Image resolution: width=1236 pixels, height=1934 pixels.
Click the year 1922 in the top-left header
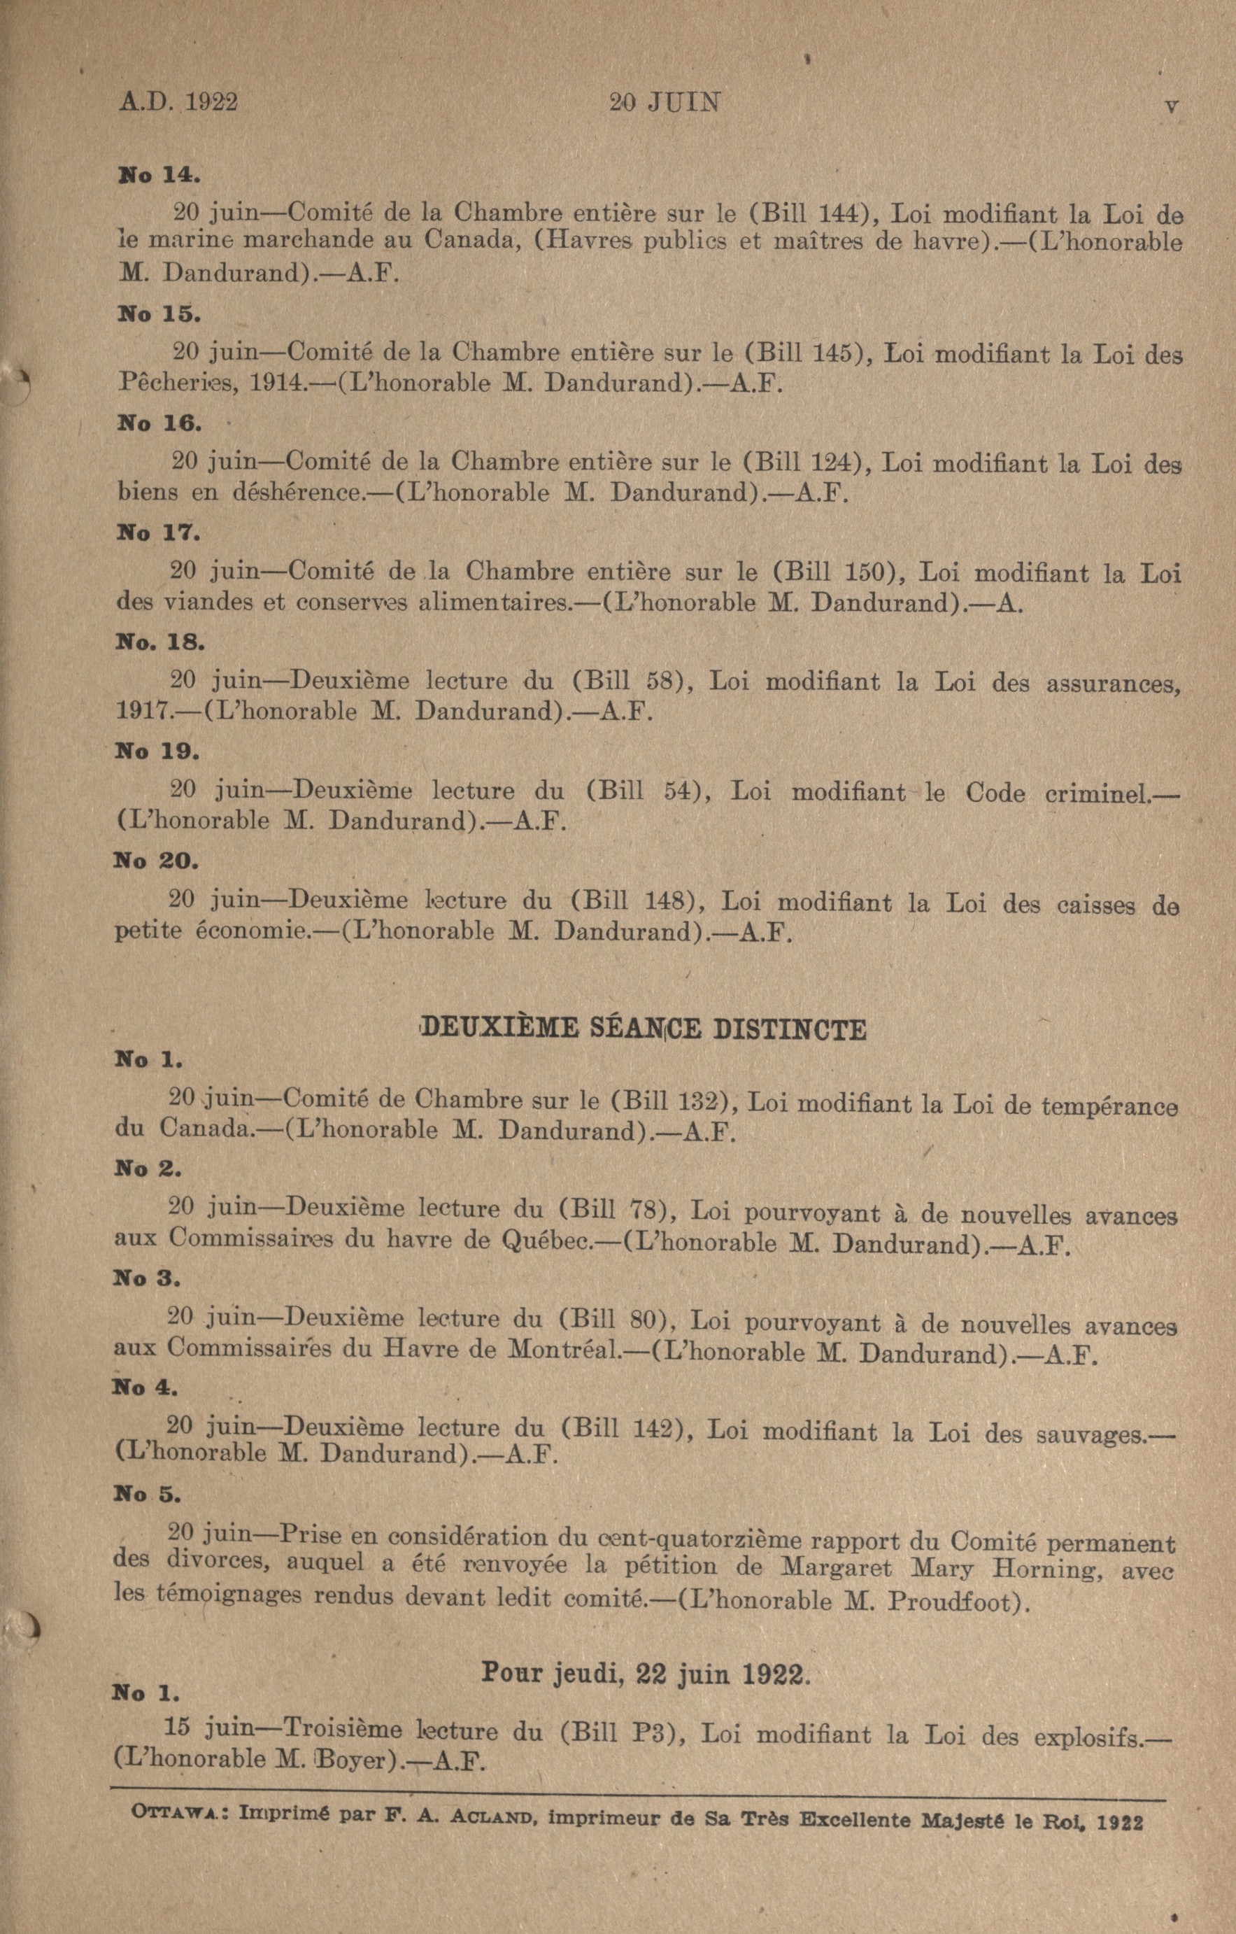tap(212, 103)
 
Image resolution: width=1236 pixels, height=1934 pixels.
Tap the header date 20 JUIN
tap(665, 103)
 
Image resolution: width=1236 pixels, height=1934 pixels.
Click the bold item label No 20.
tap(156, 860)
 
